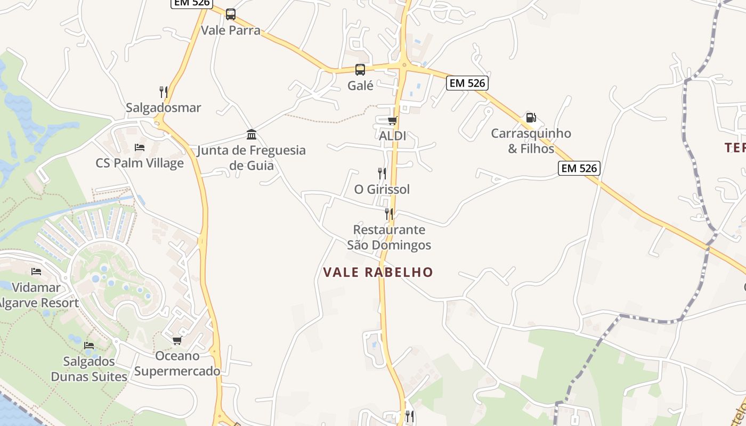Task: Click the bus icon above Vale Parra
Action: [x=230, y=14]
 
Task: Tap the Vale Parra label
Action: [x=231, y=30]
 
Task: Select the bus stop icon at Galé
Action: [x=360, y=69]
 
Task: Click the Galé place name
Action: [x=360, y=85]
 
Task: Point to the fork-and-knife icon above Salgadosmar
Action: [x=164, y=92]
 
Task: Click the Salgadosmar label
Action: [x=164, y=108]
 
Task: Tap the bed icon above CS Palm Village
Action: [x=140, y=148]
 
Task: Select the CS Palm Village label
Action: [x=140, y=163]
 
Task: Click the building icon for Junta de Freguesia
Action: [x=252, y=134]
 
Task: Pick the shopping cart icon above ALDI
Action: [x=393, y=120]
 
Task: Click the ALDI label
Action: [x=393, y=136]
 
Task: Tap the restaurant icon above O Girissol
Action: [x=382, y=173]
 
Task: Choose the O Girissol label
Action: [x=382, y=189]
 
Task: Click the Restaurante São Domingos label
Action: [x=389, y=237]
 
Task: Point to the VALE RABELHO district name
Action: [x=378, y=272]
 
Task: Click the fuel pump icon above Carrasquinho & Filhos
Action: [x=531, y=118]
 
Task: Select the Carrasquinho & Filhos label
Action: [x=531, y=141]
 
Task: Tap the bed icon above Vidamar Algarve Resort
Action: [x=36, y=272]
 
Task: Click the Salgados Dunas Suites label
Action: [x=89, y=369]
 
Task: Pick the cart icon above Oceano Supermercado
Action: [x=177, y=340]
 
